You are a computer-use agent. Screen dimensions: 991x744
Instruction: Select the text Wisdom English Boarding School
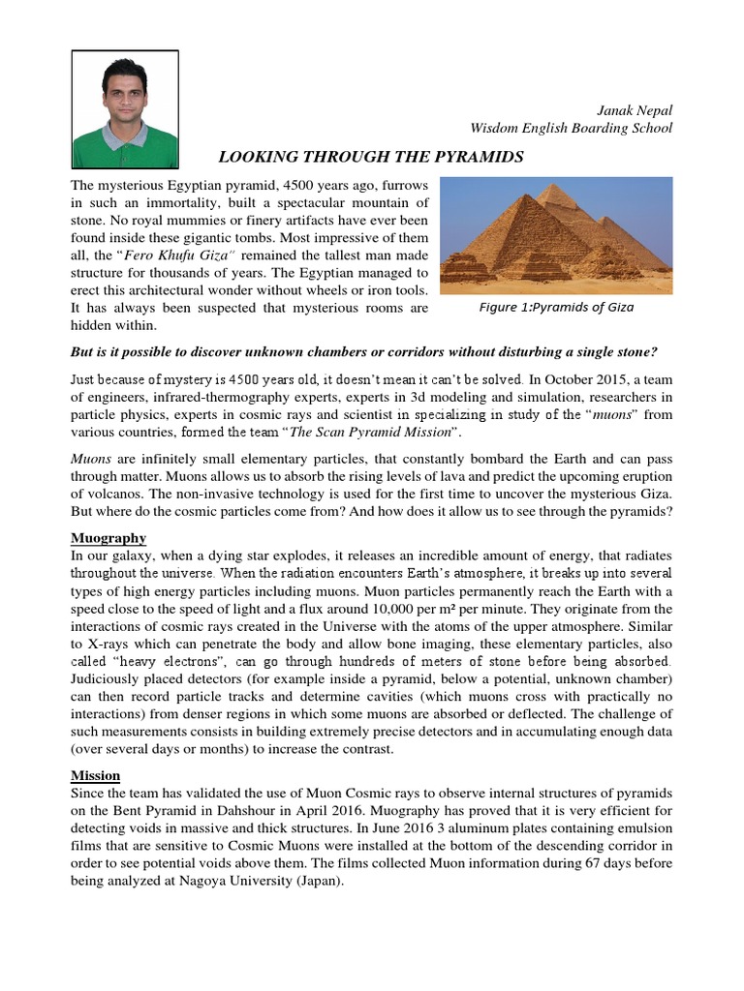click(x=571, y=129)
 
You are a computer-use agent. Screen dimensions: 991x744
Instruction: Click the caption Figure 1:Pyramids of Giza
click(x=556, y=308)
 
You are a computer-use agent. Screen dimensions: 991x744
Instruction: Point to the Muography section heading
click(x=108, y=536)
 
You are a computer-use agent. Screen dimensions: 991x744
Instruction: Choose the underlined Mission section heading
click(x=95, y=775)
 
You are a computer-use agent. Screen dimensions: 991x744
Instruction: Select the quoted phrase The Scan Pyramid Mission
click(x=319, y=434)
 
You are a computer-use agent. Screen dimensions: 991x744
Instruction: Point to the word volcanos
click(x=116, y=493)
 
